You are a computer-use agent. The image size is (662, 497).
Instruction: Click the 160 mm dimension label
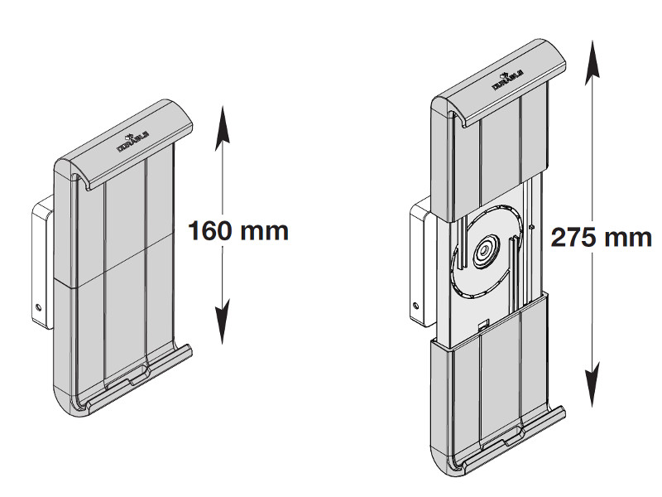tap(238, 229)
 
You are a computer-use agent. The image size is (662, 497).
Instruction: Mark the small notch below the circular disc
tap(485, 326)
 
